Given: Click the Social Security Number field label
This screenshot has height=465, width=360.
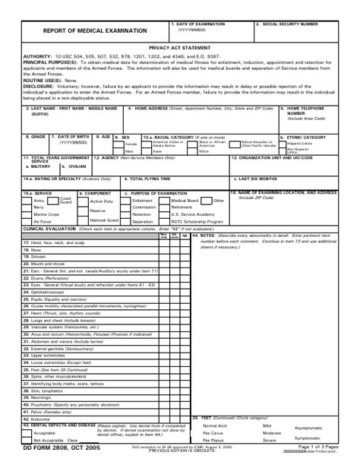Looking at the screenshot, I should coord(287,24).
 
